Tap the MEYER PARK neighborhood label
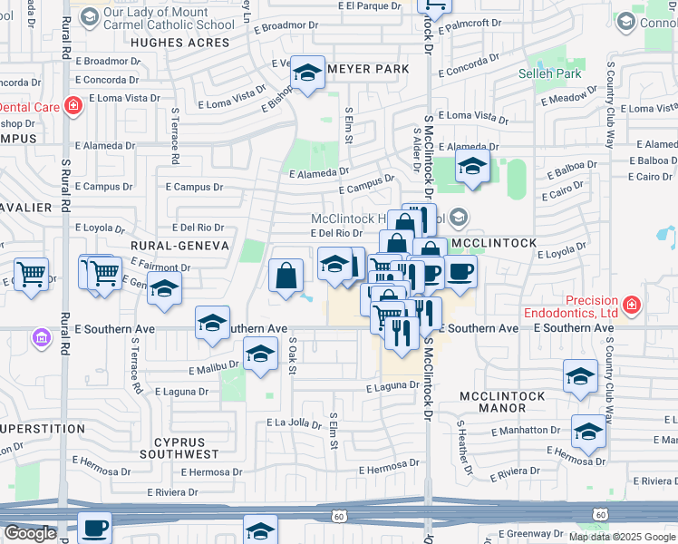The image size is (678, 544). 368,69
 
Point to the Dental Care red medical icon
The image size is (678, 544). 73,107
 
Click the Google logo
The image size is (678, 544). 30,534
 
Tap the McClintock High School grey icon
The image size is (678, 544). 460,217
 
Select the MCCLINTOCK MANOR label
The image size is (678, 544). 502,403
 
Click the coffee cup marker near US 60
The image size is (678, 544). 94,527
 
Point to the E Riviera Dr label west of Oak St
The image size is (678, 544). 164,492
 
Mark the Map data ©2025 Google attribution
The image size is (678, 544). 622,537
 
